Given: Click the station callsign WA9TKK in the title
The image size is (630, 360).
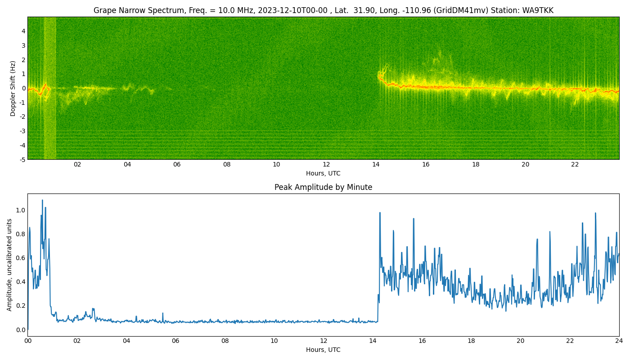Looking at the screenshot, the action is tap(538, 10).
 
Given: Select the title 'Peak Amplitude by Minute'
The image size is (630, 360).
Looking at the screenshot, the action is tap(323, 187).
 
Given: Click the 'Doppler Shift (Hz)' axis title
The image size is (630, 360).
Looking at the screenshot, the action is tap(13, 89).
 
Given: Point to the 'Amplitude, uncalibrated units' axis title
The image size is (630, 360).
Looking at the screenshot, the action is tap(9, 265).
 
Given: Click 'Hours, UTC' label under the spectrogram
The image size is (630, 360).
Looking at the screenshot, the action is tap(323, 173).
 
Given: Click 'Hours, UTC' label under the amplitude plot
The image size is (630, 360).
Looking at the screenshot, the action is tap(323, 350).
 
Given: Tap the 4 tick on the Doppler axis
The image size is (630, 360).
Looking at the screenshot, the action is tap(23, 31).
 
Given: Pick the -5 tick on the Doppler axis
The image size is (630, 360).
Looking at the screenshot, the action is tap(22, 160).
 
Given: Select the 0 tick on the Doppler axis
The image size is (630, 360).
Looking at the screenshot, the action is tap(23, 88).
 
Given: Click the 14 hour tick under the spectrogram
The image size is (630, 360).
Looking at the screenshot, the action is tap(376, 165).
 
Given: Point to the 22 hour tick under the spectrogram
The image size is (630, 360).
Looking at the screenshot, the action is tap(575, 165).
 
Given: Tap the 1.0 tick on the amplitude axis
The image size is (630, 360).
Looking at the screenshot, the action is tap(21, 211).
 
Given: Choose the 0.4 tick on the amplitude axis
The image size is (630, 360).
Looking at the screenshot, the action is tap(21, 282).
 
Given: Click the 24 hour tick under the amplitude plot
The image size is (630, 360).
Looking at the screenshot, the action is tap(619, 341).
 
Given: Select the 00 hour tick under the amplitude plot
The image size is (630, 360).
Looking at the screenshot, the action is tap(27, 341).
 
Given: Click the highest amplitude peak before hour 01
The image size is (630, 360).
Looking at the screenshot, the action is tap(42, 200).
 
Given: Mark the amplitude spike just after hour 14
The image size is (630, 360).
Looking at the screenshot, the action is tap(380, 212).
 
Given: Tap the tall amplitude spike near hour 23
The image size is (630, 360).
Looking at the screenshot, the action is tap(595, 213).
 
